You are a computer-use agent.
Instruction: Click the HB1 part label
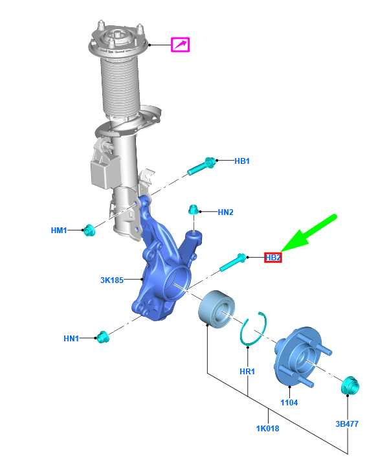(242, 161)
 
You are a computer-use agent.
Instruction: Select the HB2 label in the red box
(272, 257)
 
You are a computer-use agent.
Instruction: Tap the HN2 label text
(225, 212)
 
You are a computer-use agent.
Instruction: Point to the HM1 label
(59, 230)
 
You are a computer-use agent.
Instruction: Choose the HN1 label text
(71, 338)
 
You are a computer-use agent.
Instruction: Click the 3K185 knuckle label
(112, 280)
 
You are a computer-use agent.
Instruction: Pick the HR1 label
(247, 371)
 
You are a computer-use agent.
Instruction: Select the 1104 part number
(289, 402)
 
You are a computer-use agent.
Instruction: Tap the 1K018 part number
(267, 428)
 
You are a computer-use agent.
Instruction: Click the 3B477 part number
(347, 424)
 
